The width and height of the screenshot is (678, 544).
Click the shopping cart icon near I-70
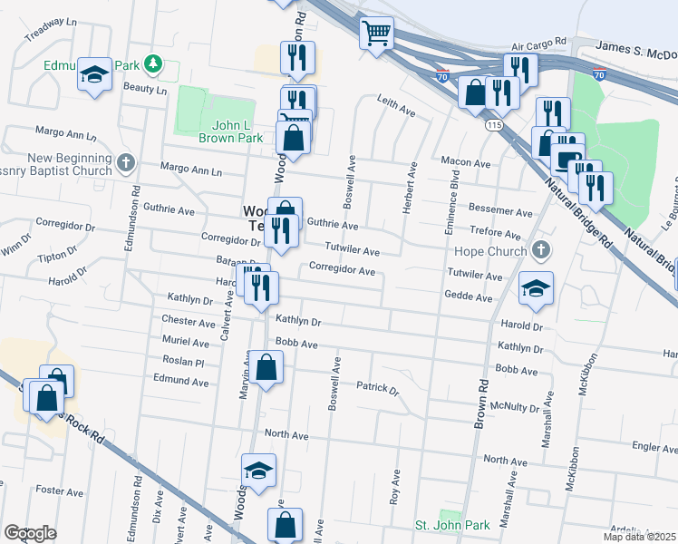pos(376,34)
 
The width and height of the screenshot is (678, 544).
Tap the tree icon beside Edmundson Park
pos(154,63)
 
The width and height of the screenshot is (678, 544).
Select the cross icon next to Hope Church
pos(541,251)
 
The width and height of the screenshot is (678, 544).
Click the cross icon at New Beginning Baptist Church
pos(126,164)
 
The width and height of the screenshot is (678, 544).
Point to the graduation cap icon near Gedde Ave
pos(536,289)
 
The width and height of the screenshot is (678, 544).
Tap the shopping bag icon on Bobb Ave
pos(266,368)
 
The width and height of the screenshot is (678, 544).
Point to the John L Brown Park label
pos(231,131)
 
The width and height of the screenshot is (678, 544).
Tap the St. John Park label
pos(452,525)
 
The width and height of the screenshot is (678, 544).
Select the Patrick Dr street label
pos(377,388)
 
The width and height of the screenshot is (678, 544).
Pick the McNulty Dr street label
pos(514,406)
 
